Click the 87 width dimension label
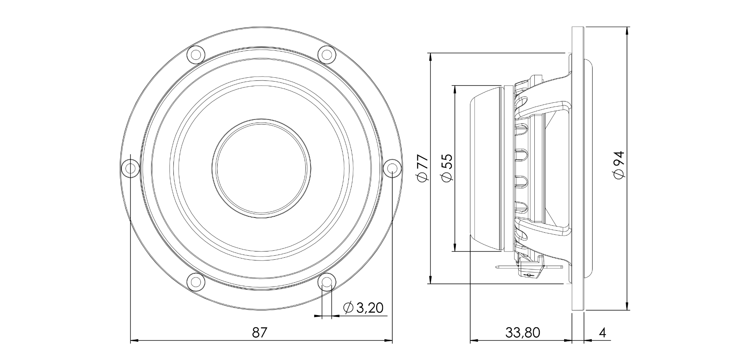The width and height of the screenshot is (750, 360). click(x=259, y=333)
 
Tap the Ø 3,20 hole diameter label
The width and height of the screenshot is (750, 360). click(x=363, y=308)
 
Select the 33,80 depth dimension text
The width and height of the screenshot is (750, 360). click(x=523, y=333)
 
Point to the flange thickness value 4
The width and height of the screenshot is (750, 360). click(x=602, y=333)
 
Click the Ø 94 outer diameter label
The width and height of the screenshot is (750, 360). click(x=619, y=166)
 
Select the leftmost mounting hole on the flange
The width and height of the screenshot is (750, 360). click(x=130, y=168)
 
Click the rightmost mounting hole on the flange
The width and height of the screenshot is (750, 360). click(x=392, y=168)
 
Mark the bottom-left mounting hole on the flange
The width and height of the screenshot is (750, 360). click(x=196, y=282)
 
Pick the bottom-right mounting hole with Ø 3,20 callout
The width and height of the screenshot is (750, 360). click(x=327, y=282)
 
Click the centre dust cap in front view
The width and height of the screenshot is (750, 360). click(x=261, y=168)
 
